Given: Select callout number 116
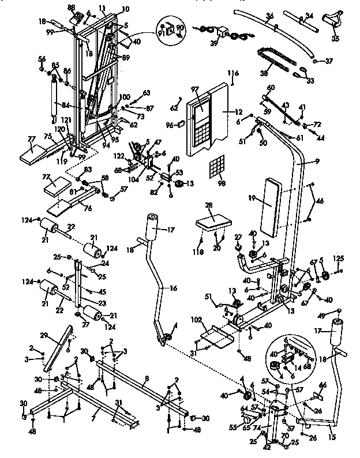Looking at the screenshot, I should click(x=232, y=73).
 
